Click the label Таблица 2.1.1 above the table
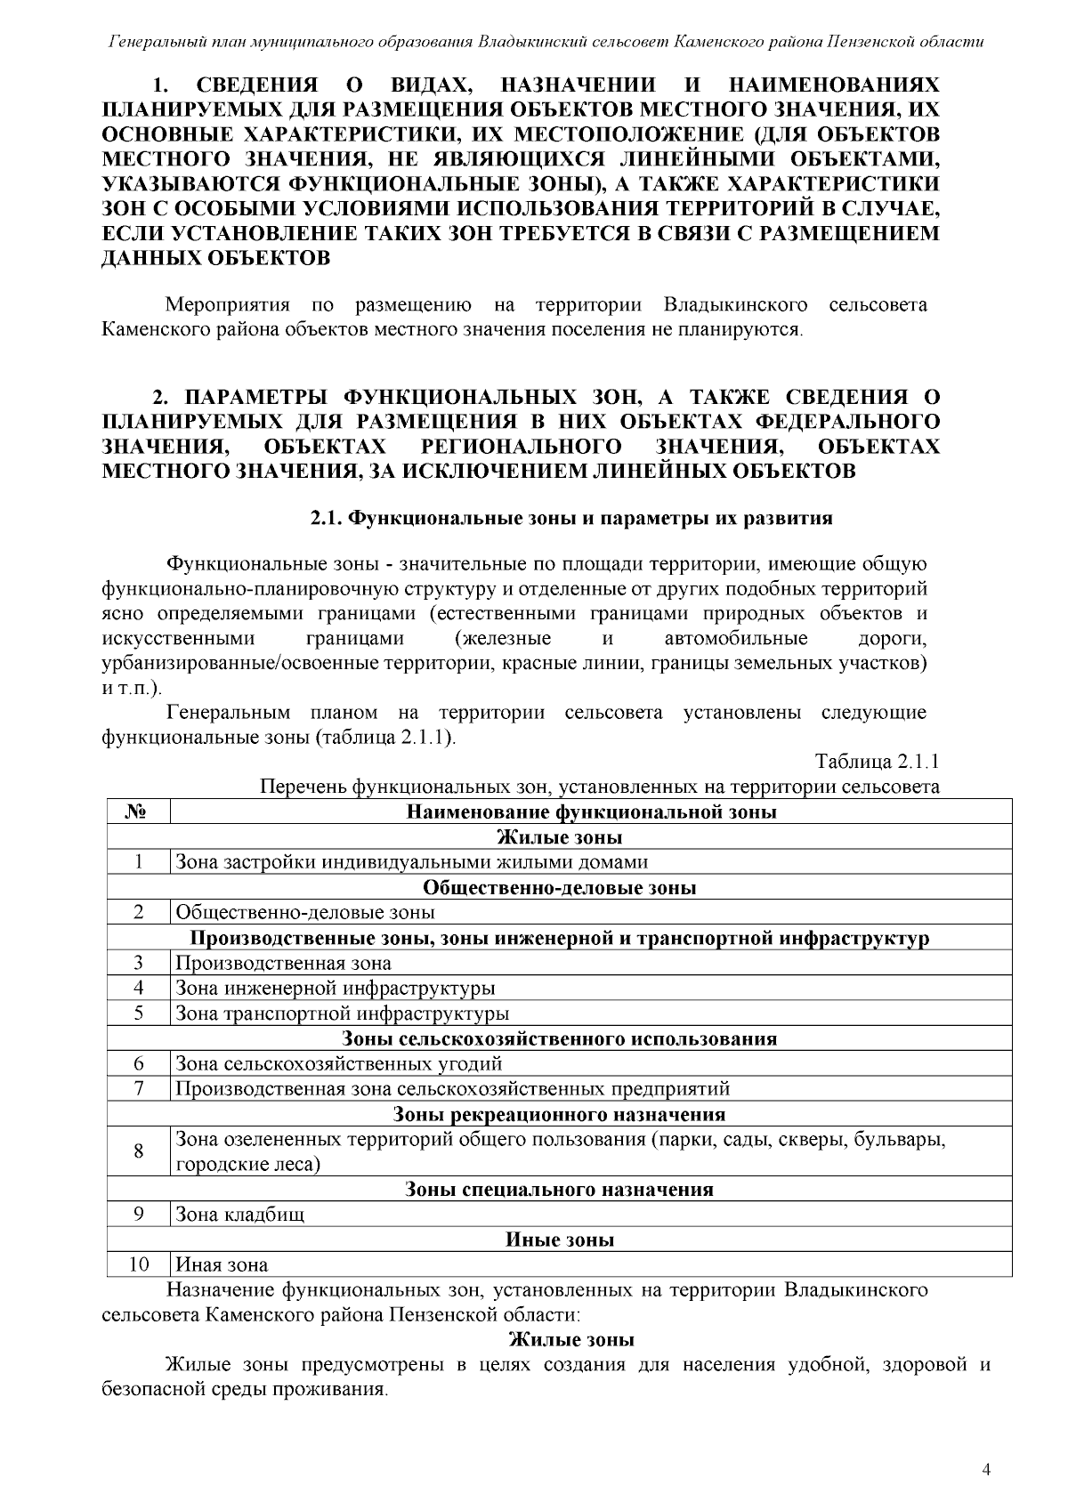click(x=878, y=763)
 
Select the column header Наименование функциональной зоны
click(x=591, y=812)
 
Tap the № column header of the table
click(x=138, y=812)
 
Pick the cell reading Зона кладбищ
click(x=240, y=1215)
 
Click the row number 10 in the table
click(x=138, y=1264)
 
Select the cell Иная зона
click(x=222, y=1264)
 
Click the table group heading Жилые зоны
click(x=559, y=837)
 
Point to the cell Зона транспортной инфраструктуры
click(x=343, y=1013)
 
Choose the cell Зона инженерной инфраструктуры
click(x=336, y=988)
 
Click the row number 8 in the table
click(x=138, y=1151)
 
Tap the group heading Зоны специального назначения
click(x=559, y=1190)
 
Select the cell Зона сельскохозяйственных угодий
click(x=339, y=1063)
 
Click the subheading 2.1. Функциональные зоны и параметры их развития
click(x=570, y=518)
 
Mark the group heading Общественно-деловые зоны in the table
click(x=559, y=887)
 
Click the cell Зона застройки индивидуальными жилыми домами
click(x=411, y=861)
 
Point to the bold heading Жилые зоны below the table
click(x=570, y=1340)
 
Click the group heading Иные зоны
click(x=559, y=1239)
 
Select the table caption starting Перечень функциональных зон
click(x=599, y=787)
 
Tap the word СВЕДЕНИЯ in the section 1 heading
click(x=257, y=85)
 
